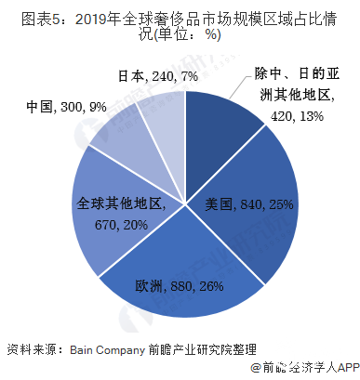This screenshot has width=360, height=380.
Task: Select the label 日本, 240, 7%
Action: (158, 75)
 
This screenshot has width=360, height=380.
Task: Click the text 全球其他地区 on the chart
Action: (119, 204)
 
